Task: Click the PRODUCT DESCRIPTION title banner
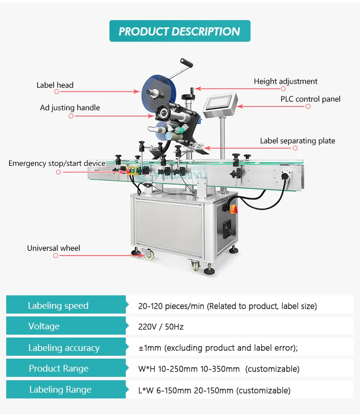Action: (180, 32)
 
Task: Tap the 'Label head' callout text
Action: (55, 85)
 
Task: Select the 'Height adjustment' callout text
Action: (286, 82)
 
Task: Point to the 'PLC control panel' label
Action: (311, 99)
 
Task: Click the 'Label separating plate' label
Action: (298, 141)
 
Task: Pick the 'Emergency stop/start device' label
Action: (57, 163)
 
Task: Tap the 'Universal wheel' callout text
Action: (53, 248)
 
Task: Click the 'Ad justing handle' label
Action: (70, 108)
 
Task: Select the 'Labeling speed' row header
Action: (58, 306)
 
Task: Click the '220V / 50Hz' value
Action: (161, 327)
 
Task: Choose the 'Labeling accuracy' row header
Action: (64, 348)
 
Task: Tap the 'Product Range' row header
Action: (59, 369)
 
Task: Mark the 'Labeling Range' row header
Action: (60, 390)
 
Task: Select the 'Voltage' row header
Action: (44, 327)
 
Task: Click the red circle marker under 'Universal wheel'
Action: (56, 256)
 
